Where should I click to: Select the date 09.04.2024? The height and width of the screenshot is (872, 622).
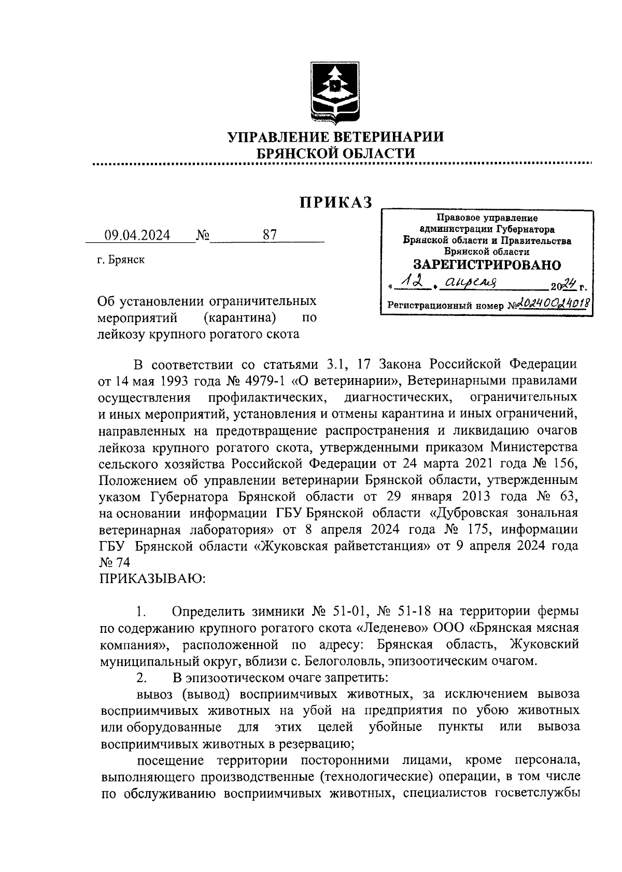coord(137,236)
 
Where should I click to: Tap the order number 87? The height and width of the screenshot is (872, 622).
coord(270,235)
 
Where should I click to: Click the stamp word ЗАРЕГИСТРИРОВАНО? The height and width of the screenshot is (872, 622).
coord(487,265)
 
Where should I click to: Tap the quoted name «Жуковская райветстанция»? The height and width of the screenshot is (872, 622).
coord(342,546)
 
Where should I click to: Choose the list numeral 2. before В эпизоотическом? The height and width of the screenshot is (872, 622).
coord(142,677)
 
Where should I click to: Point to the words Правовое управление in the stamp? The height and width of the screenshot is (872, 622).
coord(487,218)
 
